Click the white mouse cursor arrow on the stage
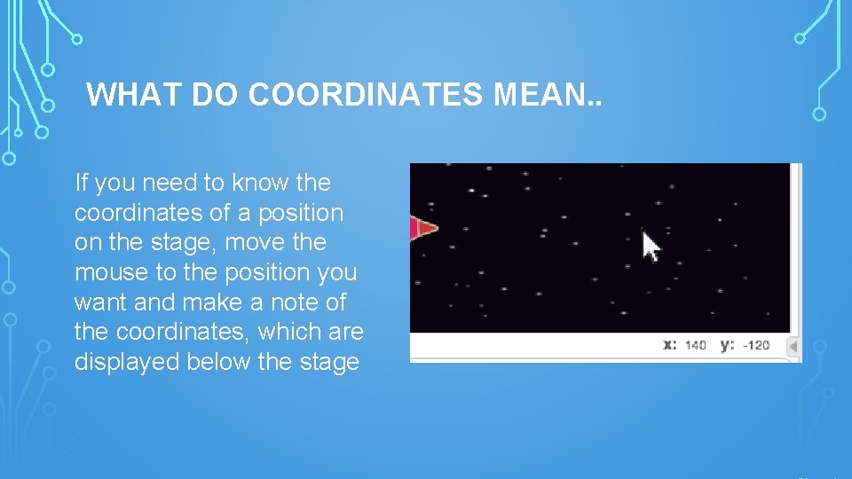click(x=651, y=246)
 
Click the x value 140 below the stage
click(x=695, y=345)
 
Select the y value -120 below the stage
click(x=755, y=345)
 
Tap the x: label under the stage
click(x=670, y=344)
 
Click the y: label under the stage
click(x=727, y=344)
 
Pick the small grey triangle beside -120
click(x=793, y=346)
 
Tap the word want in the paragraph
click(x=99, y=302)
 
